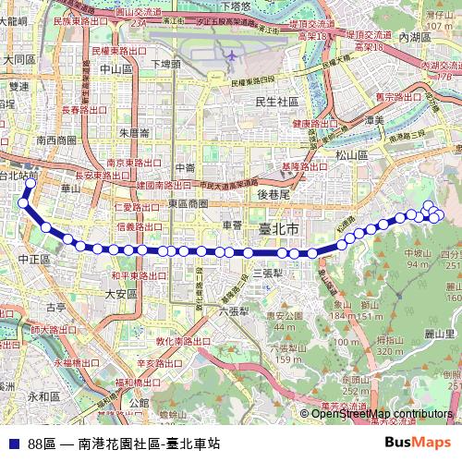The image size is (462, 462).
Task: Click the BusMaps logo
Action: pyautogui.click(x=419, y=443)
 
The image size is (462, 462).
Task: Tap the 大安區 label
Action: pyautogui.click(x=120, y=294)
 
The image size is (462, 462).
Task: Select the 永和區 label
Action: pyautogui.click(x=43, y=396)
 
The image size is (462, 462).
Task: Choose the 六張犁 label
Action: pyautogui.click(x=237, y=311)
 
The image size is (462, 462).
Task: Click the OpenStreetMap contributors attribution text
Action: pyautogui.click(x=381, y=414)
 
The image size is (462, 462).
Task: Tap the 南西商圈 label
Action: pyautogui.click(x=56, y=140)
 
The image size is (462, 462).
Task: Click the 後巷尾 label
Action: pyautogui.click(x=274, y=194)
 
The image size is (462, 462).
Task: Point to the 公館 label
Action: pyautogui.click(x=139, y=403)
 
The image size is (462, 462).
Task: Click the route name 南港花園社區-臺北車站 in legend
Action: pyautogui.click(x=149, y=444)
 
